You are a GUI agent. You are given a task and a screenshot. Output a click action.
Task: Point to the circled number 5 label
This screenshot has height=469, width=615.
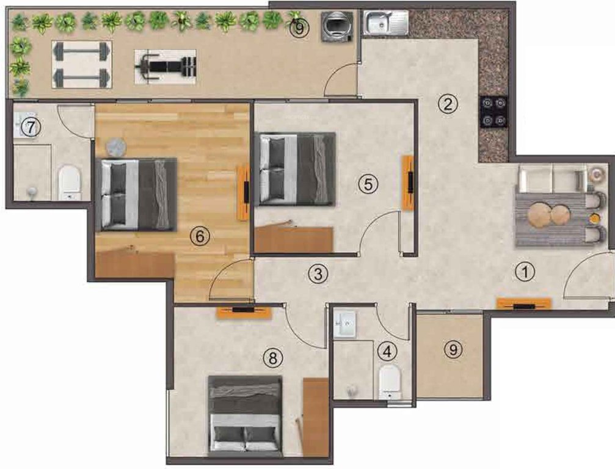tap(365, 184)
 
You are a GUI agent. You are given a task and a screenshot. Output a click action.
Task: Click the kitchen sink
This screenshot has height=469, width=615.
tap(387, 23)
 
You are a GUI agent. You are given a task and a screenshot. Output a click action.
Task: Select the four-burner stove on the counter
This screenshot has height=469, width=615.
tap(495, 112)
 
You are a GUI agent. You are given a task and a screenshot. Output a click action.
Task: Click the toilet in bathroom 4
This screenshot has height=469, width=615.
tap(389, 381)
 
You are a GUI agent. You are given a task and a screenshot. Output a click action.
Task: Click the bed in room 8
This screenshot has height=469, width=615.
tap(245, 415)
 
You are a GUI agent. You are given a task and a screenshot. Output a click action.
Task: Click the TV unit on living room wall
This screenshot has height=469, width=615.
tap(524, 304)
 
